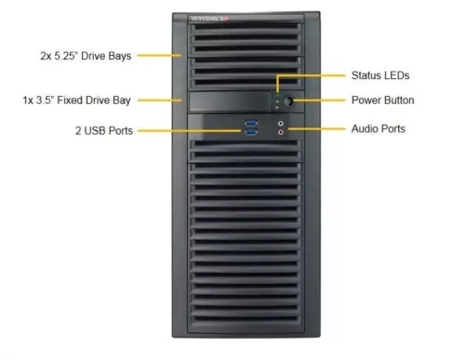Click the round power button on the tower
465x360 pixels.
coord(287,100)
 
